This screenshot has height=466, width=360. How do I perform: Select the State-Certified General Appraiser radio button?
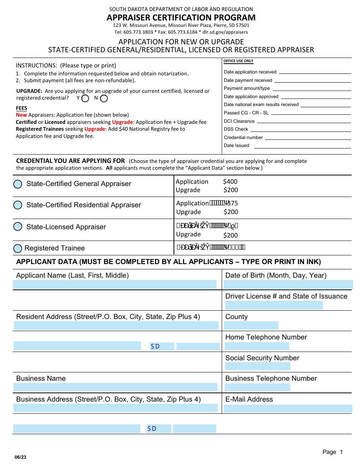18,184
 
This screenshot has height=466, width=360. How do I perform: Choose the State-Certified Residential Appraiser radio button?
18,205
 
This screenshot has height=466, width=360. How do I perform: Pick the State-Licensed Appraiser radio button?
18,227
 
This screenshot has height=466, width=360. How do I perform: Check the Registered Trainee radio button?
18,249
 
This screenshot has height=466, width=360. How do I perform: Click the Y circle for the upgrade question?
85,99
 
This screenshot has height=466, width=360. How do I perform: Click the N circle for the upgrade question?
104,99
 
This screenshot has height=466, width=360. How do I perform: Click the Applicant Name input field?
114,285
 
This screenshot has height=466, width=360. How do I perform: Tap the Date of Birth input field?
288,285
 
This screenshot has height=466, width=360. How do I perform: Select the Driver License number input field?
274,305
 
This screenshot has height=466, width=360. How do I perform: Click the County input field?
251,325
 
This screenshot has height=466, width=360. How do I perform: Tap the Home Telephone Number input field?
257,346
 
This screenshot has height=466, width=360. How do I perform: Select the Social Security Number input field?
257,366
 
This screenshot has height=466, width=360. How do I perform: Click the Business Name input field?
115,387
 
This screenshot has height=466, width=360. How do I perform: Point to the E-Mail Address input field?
288,408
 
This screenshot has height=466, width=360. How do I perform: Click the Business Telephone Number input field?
257,387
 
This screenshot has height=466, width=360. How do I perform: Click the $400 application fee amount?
230,182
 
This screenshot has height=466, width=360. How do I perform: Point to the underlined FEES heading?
22,108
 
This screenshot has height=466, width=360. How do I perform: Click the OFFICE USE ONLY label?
238,61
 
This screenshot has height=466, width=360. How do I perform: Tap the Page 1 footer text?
332,452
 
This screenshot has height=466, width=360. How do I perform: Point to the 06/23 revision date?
21,457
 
